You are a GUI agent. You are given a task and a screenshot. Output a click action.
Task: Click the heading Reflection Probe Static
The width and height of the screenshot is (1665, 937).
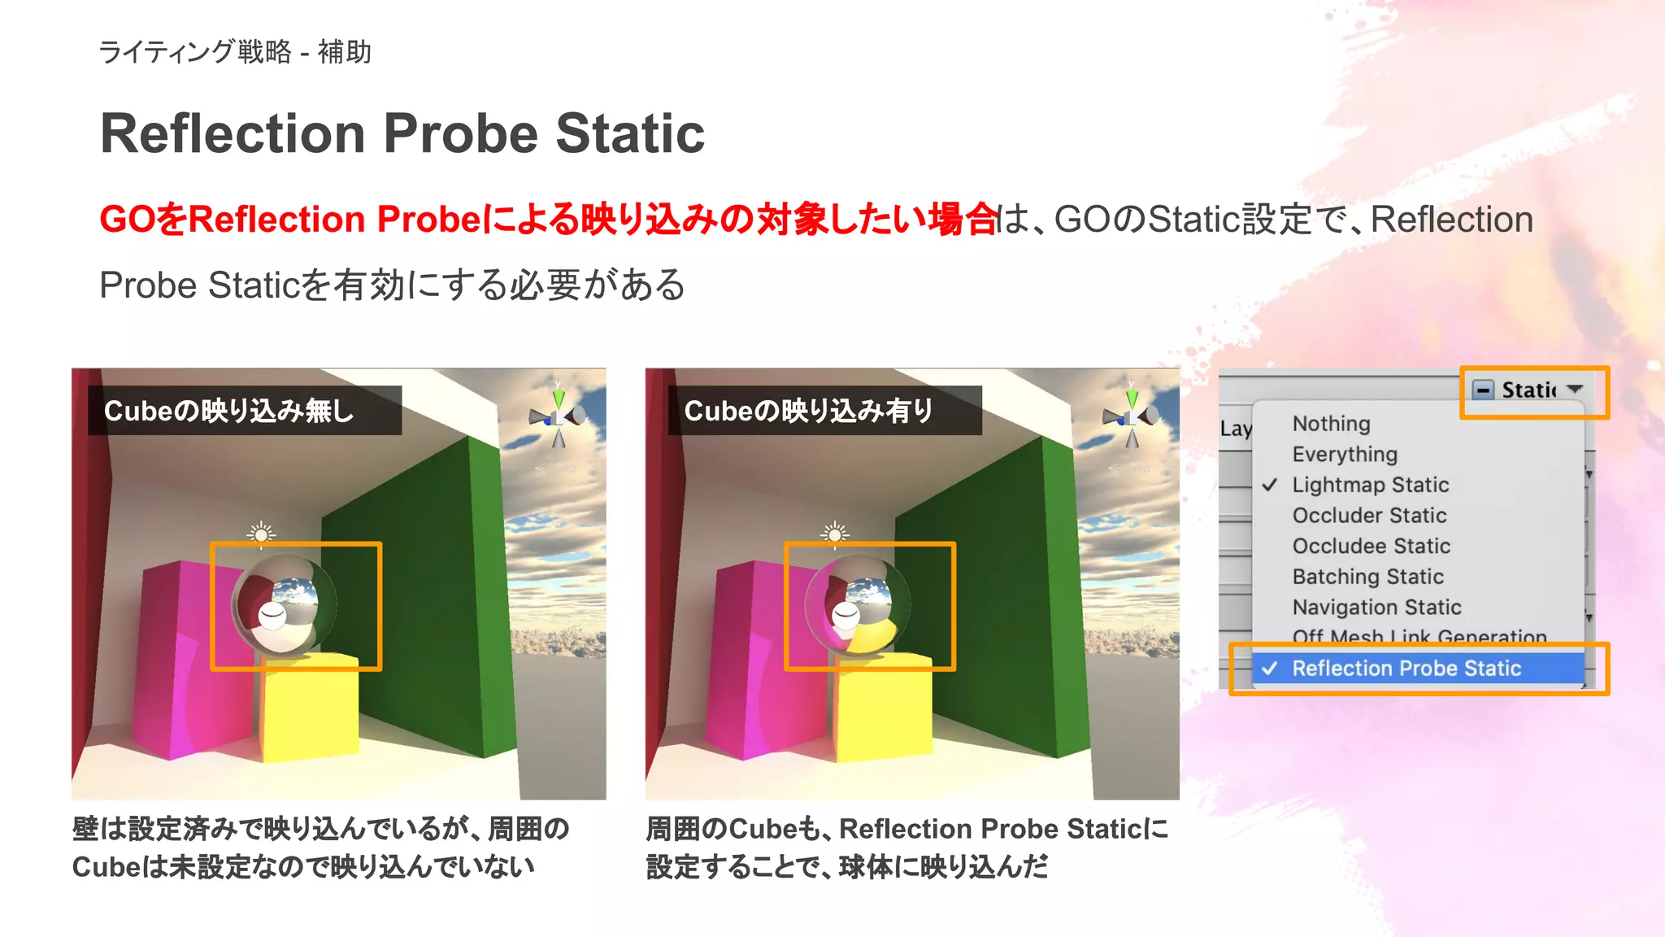pos(402,133)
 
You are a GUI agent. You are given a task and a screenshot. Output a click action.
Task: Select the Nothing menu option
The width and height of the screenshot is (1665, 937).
pos(1331,424)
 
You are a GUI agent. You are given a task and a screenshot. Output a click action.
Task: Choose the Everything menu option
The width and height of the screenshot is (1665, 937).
pos(1345,454)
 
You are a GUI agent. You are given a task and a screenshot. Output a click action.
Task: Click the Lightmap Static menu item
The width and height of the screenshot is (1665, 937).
pos(1370,485)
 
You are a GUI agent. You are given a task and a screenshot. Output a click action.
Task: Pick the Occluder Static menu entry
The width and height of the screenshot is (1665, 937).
pos(1369,516)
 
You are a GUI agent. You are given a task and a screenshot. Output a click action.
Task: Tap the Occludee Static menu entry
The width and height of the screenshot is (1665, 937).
pos(1371,546)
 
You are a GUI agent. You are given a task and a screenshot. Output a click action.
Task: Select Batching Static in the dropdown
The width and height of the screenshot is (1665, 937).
pos(1367,577)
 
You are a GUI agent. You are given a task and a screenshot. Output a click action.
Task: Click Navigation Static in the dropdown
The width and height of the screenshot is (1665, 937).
pos(1376,608)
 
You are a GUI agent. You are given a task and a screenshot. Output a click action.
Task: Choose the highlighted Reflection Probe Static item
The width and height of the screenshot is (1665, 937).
pos(1406,669)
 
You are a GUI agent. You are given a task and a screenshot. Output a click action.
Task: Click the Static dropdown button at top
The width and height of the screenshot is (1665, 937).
pos(1532,390)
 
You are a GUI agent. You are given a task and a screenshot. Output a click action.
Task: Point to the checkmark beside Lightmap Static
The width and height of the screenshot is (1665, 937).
pos(1269,485)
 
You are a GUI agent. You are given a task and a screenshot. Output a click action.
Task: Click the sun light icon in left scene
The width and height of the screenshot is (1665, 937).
pos(261,534)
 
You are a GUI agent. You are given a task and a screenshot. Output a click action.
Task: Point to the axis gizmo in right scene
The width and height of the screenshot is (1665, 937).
pos(1131,417)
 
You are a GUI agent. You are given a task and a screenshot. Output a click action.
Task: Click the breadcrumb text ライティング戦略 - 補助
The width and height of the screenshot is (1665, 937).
pos(235,52)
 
